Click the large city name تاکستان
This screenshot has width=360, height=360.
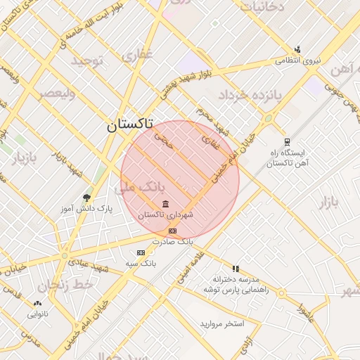[x=129, y=126]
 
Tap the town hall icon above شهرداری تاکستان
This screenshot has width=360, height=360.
[x=165, y=205]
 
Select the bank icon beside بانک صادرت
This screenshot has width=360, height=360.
[x=172, y=231]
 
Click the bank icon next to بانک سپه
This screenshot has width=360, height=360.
[x=141, y=252]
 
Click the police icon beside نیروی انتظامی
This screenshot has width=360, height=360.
[x=297, y=49]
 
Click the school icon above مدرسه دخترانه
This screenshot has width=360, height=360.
[x=236, y=269]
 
